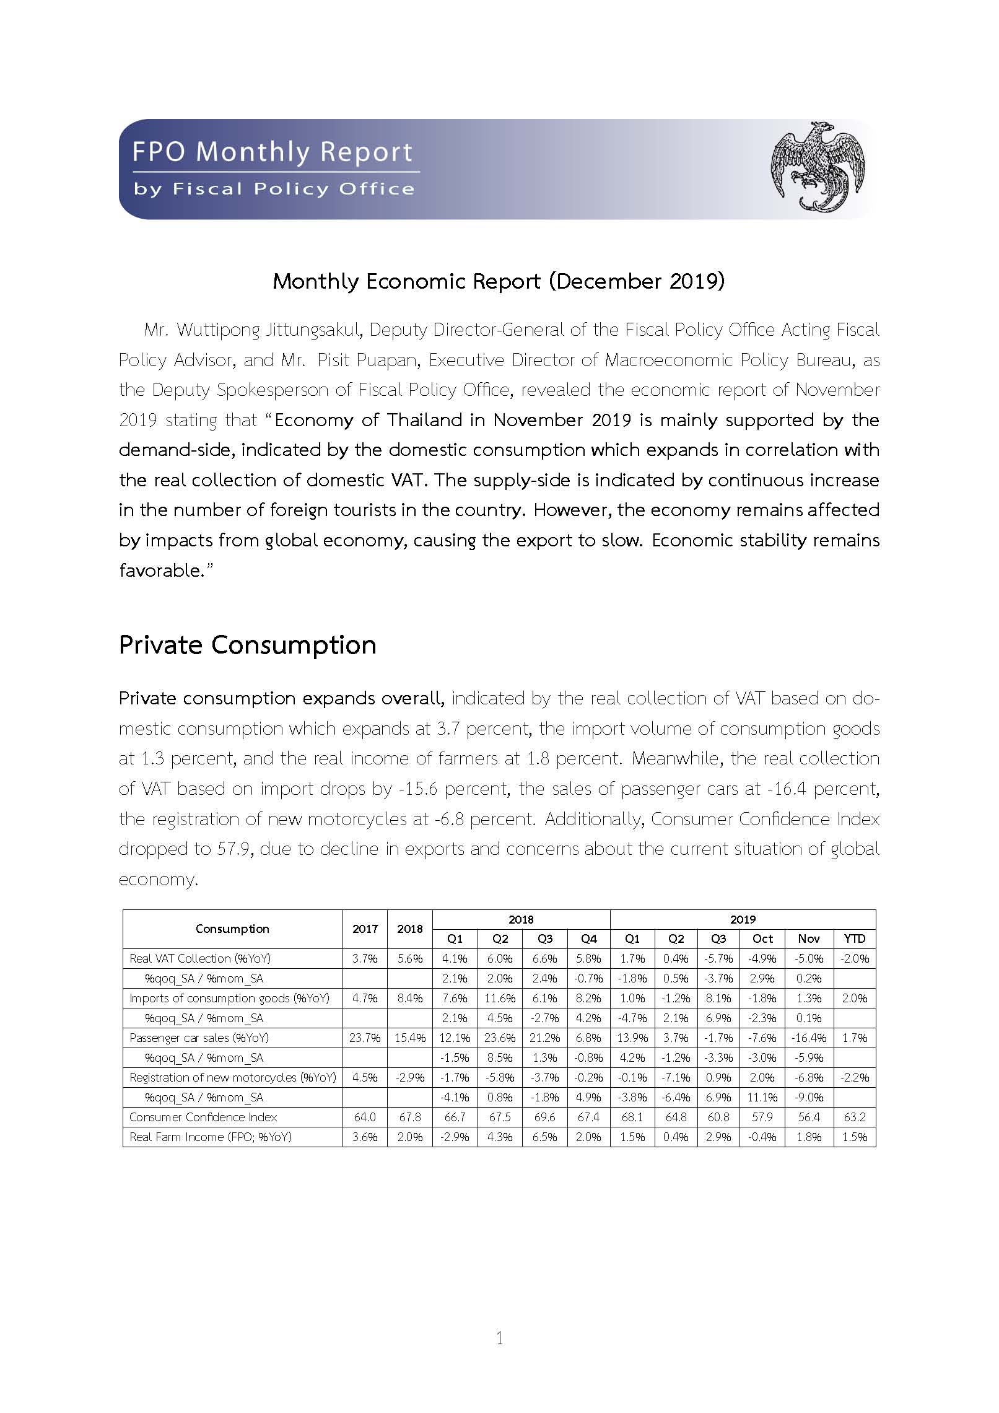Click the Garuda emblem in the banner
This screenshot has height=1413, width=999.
(x=817, y=167)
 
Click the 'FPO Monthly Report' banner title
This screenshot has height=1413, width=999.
(x=273, y=152)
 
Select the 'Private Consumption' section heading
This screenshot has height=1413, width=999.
(x=247, y=645)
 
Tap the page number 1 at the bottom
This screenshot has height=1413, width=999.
(x=500, y=1338)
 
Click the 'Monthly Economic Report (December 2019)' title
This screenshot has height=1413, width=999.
(x=499, y=281)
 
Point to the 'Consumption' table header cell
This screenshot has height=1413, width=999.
(x=232, y=929)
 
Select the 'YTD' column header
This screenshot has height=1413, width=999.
(x=854, y=938)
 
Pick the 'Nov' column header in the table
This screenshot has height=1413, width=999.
(x=809, y=938)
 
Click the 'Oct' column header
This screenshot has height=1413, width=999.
(x=762, y=938)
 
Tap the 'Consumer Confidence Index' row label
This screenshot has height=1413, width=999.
(x=203, y=1117)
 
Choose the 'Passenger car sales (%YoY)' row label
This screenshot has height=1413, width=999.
(x=199, y=1038)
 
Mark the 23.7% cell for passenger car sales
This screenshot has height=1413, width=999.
(x=365, y=1038)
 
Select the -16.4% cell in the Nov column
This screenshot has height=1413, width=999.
(x=809, y=1038)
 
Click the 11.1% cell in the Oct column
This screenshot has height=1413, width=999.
(x=762, y=1097)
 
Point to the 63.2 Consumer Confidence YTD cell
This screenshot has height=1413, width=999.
(x=855, y=1117)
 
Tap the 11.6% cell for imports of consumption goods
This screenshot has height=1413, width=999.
(x=500, y=998)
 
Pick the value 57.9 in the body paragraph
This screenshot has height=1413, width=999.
(x=233, y=849)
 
